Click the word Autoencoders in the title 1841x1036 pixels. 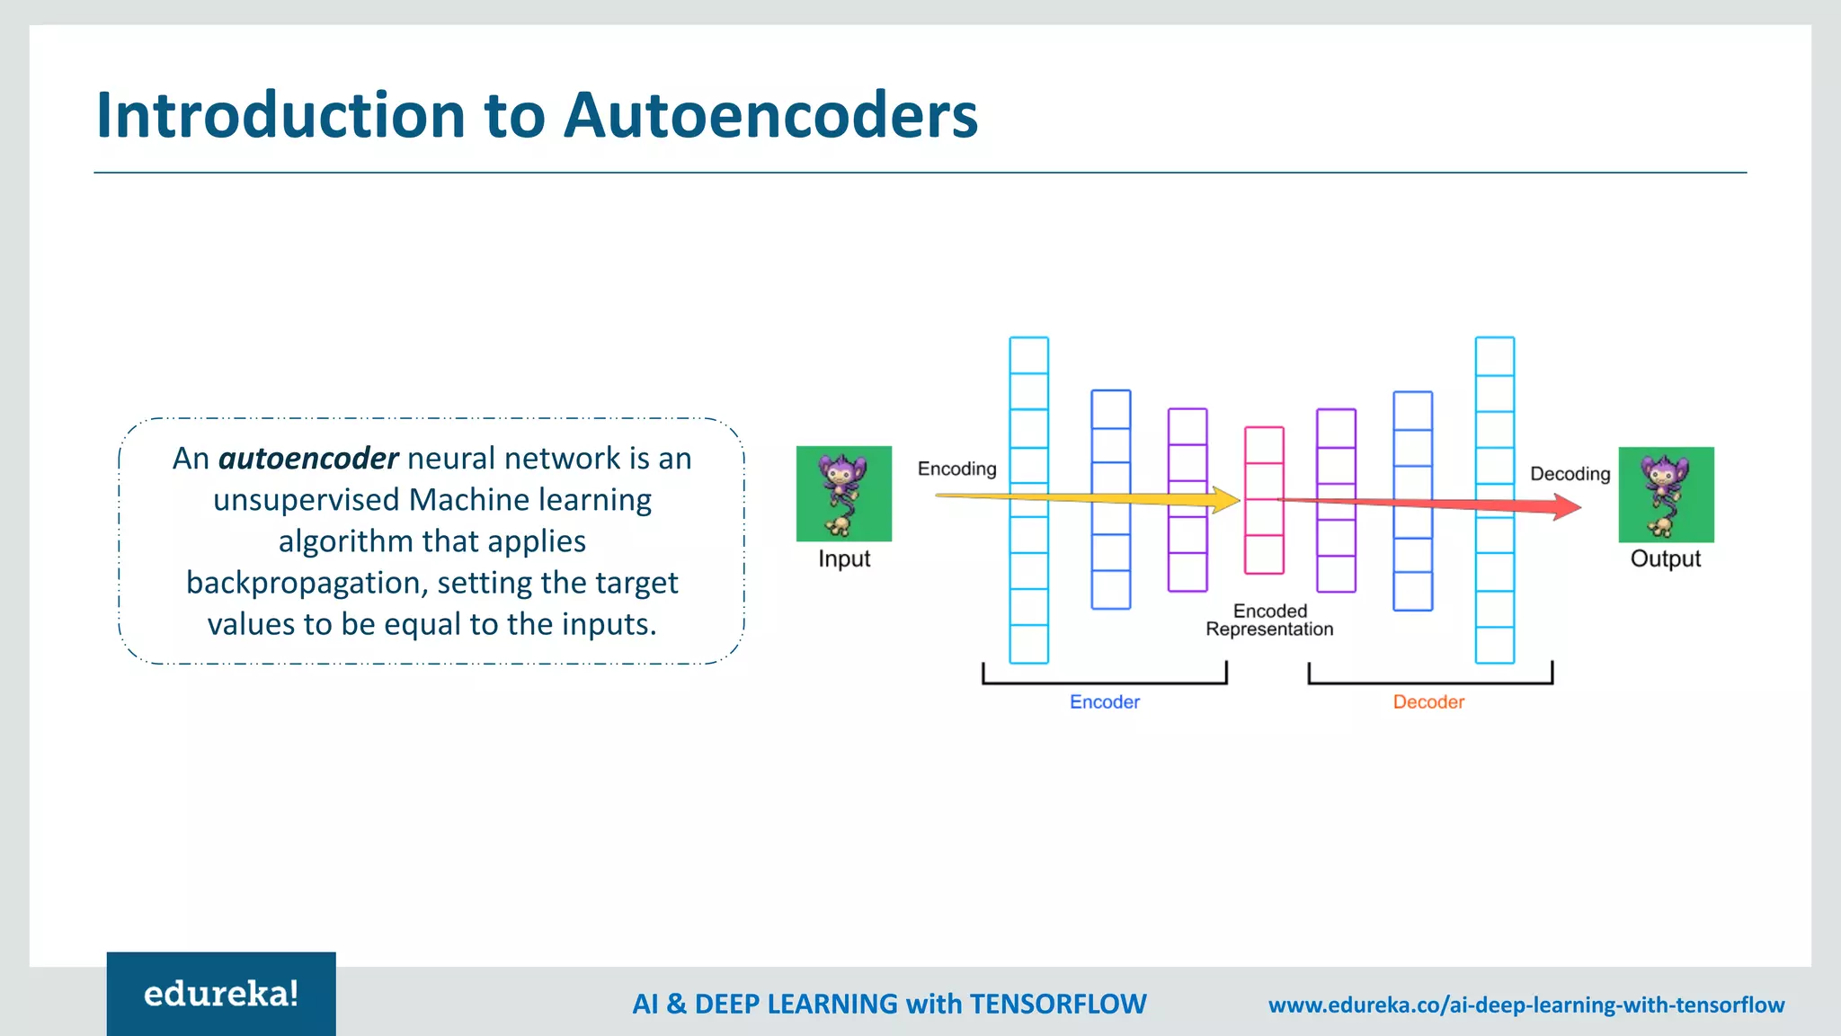click(x=770, y=116)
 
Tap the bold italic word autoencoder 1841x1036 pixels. click(x=307, y=459)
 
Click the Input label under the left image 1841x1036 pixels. click(x=844, y=558)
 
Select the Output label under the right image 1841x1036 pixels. click(x=1666, y=558)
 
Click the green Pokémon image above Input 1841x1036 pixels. click(x=843, y=494)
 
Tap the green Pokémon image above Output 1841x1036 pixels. click(x=1666, y=495)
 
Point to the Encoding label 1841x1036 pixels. click(x=956, y=469)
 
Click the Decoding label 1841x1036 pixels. click(x=1570, y=474)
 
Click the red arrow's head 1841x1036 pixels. click(x=1567, y=507)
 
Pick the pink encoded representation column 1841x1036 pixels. click(x=1264, y=500)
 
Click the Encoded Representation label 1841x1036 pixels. click(x=1269, y=621)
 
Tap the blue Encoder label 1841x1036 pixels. click(x=1104, y=702)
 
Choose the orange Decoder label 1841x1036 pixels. click(x=1428, y=702)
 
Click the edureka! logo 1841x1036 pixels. click(x=221, y=994)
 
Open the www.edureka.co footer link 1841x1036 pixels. click(x=1525, y=1005)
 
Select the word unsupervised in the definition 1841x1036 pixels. click(x=306, y=500)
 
